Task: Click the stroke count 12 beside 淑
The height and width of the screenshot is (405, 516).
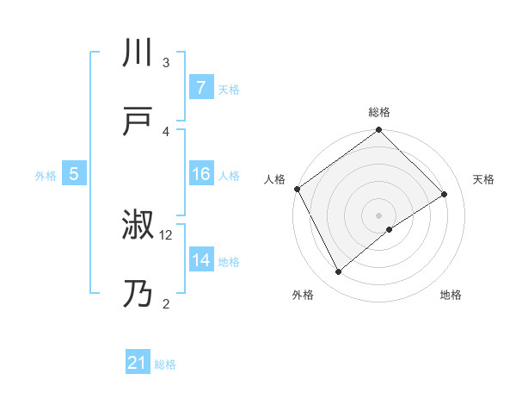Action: (166, 234)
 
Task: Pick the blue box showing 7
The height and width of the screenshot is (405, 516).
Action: (200, 88)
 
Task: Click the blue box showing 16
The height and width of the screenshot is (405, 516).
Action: (200, 175)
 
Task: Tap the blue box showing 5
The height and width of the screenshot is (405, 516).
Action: (74, 175)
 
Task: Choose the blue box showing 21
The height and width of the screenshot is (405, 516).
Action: (138, 364)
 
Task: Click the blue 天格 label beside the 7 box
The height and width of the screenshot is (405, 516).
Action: (228, 89)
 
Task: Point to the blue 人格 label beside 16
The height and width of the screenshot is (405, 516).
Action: (228, 176)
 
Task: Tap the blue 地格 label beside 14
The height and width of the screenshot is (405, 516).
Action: (228, 262)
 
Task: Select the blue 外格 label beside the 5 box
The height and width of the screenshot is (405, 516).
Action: (46, 176)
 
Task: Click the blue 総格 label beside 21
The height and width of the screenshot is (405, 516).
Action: (165, 364)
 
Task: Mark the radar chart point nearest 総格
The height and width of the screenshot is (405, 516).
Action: (378, 131)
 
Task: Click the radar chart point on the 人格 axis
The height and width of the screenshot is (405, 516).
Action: (297, 189)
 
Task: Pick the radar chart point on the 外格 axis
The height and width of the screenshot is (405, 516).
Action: (338, 272)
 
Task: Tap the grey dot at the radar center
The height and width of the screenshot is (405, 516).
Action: (378, 215)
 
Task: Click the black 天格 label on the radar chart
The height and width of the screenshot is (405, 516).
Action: (483, 179)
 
